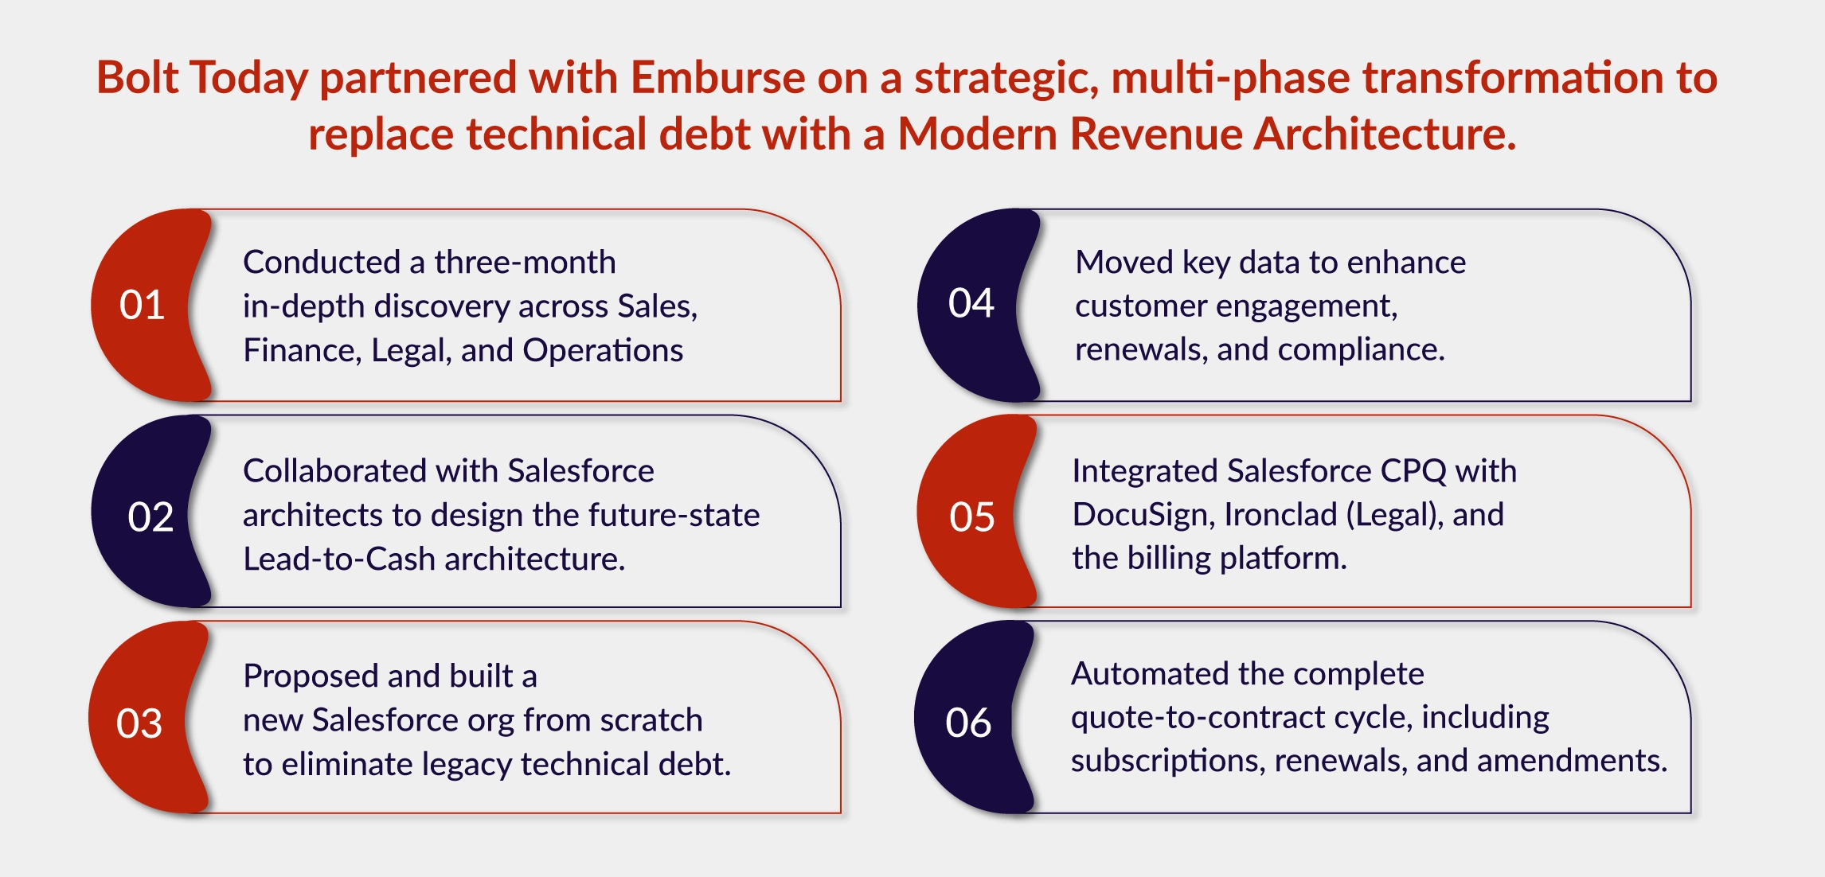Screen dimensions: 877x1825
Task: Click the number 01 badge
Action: pyautogui.click(x=142, y=305)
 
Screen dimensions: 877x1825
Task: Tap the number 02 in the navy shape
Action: pyautogui.click(x=150, y=517)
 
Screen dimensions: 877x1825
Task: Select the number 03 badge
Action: pyautogui.click(x=139, y=723)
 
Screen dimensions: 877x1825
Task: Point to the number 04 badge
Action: pyautogui.click(x=971, y=303)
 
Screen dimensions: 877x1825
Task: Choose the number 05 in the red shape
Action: pyautogui.click(x=971, y=517)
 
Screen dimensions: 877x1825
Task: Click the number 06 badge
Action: pyautogui.click(x=967, y=723)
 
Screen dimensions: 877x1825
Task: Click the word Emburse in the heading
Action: pyautogui.click(x=718, y=78)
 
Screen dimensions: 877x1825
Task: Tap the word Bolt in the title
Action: pyautogui.click(x=137, y=78)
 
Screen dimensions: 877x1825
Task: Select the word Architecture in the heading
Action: pyautogui.click(x=1384, y=134)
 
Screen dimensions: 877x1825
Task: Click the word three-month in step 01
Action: pyautogui.click(x=525, y=262)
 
